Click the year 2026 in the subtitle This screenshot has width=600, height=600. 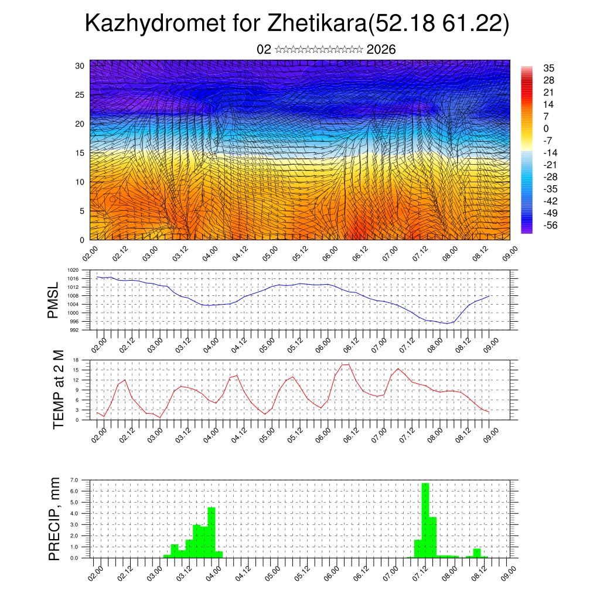point(381,50)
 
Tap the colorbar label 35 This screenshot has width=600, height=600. point(549,69)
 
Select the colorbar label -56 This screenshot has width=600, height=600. point(550,224)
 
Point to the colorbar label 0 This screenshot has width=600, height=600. point(546,128)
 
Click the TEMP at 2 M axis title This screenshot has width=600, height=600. point(58,389)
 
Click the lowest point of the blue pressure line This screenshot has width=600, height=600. point(447,323)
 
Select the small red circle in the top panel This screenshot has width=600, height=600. point(112,199)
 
